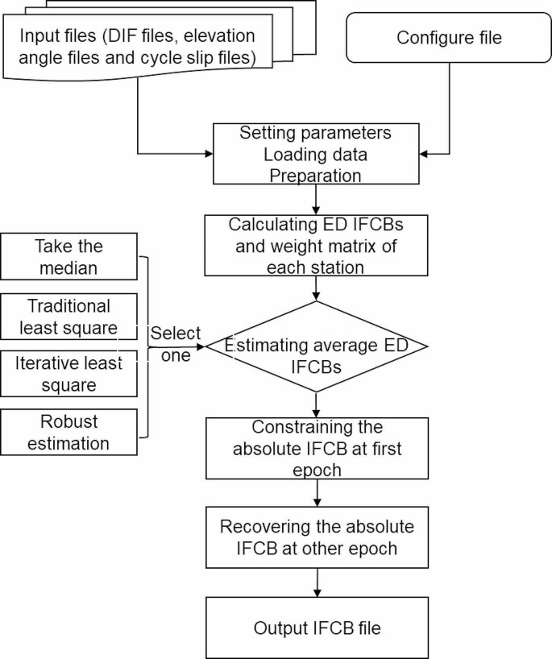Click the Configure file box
coord(450,38)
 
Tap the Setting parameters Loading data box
coord(316,152)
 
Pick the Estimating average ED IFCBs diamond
coord(316,346)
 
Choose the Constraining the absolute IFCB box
coord(316,447)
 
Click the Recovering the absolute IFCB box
coord(316,537)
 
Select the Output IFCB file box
coord(316,628)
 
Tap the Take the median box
coord(69,257)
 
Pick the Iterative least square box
coord(69,374)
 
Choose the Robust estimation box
coord(69,433)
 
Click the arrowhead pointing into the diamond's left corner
coord(201,347)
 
